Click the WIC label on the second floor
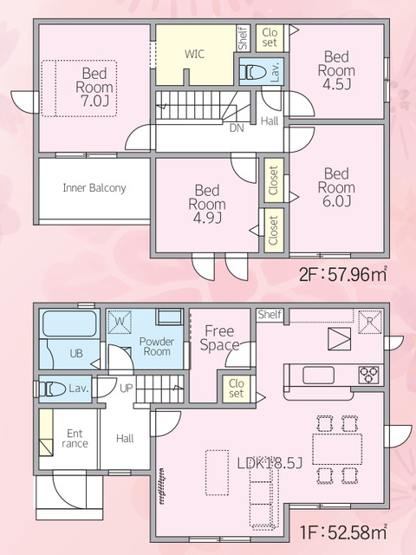tap(194, 54)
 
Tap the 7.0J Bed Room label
tap(94, 87)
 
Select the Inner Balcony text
tap(94, 187)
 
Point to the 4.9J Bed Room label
tap(207, 205)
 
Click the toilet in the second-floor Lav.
tap(252, 72)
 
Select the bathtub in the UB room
tap(69, 323)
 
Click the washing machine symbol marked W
tap(120, 322)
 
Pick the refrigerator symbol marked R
tap(370, 322)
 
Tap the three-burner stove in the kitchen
tap(369, 375)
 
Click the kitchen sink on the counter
tap(318, 375)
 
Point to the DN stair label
tap(237, 127)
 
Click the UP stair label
tap(126, 388)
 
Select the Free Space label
tap(219, 338)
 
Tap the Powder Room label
tap(157, 347)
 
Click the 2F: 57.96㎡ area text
tap(343, 274)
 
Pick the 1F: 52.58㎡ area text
tap(343, 532)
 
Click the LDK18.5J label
tap(270, 463)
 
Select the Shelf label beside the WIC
tap(243, 38)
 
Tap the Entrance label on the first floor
tap(75, 439)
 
